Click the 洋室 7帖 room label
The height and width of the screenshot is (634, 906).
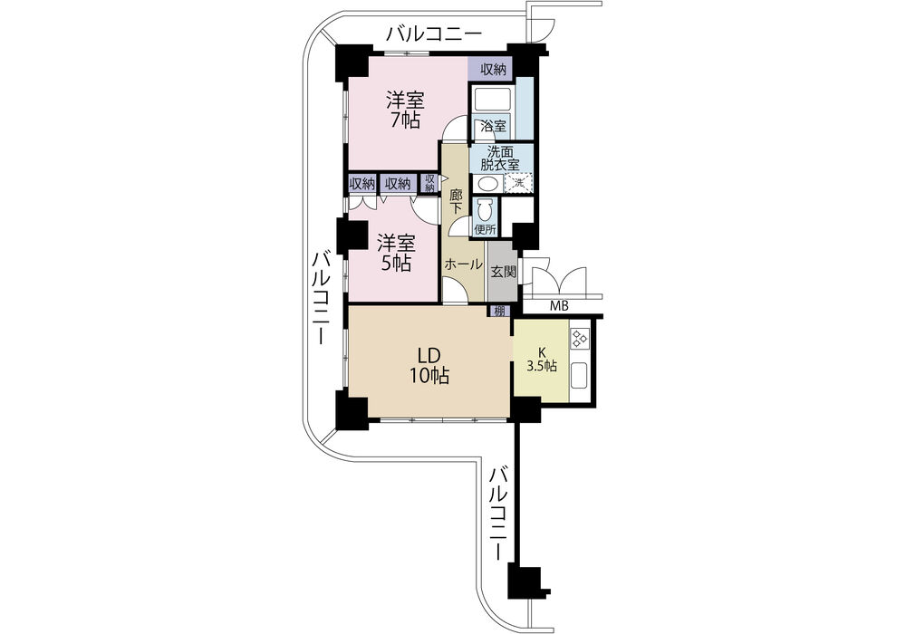click(405, 110)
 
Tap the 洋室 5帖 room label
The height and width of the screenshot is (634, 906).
click(397, 253)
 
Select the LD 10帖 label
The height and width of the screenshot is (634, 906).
click(429, 365)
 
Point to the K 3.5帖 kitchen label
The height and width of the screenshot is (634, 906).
click(542, 360)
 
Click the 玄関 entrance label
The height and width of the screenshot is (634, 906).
click(503, 272)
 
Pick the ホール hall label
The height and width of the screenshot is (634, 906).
click(463, 264)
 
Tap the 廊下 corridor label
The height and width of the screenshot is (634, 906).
click(457, 201)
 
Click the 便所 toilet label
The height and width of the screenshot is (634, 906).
click(486, 229)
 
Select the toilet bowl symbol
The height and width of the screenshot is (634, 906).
click(484, 208)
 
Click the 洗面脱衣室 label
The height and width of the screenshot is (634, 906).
click(500, 158)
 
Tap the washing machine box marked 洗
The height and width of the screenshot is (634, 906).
click(517, 183)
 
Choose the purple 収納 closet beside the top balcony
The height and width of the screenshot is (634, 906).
click(490, 69)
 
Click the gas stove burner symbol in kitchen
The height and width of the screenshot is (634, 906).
click(580, 339)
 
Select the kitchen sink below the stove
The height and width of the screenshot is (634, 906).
click(580, 375)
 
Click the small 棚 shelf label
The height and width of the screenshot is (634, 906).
click(498, 312)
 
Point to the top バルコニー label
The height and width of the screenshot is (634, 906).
click(434, 34)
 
